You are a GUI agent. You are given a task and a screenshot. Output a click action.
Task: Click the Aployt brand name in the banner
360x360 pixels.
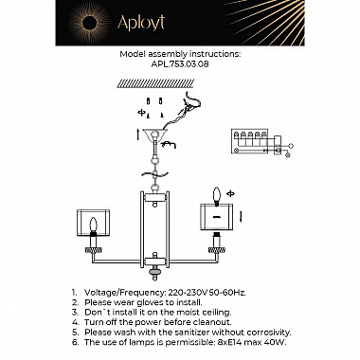pyautogui.click(x=141, y=23)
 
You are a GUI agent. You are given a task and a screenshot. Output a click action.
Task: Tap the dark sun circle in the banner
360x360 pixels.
pyautogui.click(x=88, y=22)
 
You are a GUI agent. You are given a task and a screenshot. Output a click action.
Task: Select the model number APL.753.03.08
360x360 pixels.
pyautogui.click(x=180, y=64)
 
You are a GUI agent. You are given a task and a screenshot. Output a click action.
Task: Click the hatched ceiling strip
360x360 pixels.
pyautogui.click(x=155, y=83)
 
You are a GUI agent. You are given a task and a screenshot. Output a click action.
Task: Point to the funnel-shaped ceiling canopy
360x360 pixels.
pyautogui.click(x=154, y=134)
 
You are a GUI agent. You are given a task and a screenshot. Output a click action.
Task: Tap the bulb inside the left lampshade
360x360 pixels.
pyautogui.click(x=93, y=225)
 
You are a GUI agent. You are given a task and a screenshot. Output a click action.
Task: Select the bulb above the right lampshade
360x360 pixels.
pyautogui.click(x=217, y=196)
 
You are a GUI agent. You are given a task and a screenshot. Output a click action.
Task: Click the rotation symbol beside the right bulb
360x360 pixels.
pyautogui.click(x=231, y=193)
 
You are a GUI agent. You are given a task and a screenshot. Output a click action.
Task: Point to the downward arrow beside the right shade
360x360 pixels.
pyautogui.click(x=241, y=216)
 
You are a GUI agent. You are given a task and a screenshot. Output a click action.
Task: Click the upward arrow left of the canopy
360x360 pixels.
pyautogui.click(x=138, y=135)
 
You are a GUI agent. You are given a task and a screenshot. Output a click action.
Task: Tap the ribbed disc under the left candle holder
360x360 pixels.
pyautogui.click(x=93, y=250)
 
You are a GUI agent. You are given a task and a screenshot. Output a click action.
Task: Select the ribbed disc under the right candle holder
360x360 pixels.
pyautogui.click(x=217, y=250)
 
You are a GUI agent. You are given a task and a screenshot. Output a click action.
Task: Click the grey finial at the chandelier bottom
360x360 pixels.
pyautogui.click(x=154, y=271)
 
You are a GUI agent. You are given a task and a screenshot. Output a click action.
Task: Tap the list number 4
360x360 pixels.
pyautogui.click(x=75, y=322)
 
